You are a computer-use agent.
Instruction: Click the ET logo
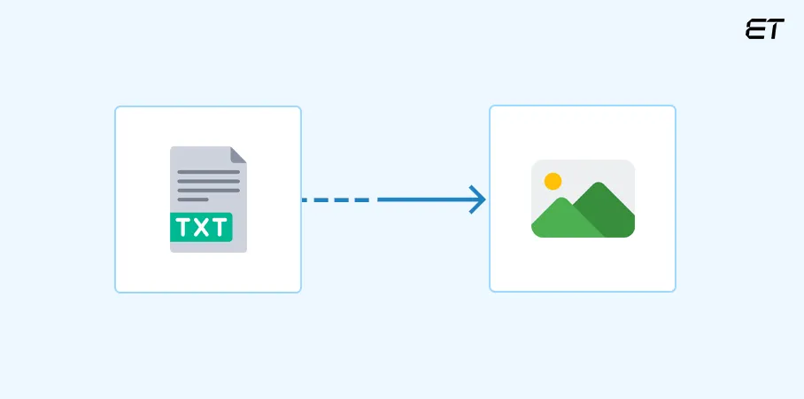pos(764,29)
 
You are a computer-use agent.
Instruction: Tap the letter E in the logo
pos(754,29)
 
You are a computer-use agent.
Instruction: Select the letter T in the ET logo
pos(775,29)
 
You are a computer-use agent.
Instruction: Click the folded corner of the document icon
pos(237,155)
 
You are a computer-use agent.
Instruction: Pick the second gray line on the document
pos(208,180)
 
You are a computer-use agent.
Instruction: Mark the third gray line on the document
pos(208,190)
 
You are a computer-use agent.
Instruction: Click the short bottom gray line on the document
pos(193,199)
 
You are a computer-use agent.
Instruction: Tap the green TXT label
pos(201,227)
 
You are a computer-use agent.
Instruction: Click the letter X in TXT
pos(201,227)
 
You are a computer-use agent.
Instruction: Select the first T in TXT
pos(183,227)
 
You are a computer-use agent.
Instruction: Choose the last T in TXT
pos(219,227)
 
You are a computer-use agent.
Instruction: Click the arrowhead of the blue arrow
pos(479,199)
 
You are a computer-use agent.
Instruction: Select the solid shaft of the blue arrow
pos(425,199)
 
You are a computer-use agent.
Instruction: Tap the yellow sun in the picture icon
pos(553,181)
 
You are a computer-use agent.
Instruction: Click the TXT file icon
pos(208,199)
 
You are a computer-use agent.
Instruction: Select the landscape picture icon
pos(583,199)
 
